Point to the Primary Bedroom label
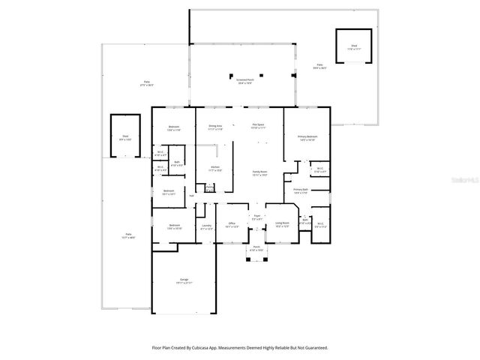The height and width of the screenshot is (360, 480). (307, 137)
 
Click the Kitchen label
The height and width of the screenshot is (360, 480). (214, 167)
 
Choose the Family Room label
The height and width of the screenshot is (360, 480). (259, 173)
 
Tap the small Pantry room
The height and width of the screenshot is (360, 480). (210, 187)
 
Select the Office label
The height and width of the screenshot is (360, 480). (232, 224)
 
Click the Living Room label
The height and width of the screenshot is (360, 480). (282, 224)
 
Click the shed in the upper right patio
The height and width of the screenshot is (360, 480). (352, 47)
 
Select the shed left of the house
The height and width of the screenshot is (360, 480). (126, 136)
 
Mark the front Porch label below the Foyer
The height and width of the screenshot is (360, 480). (256, 247)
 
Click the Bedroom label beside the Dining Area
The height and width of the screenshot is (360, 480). (174, 127)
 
